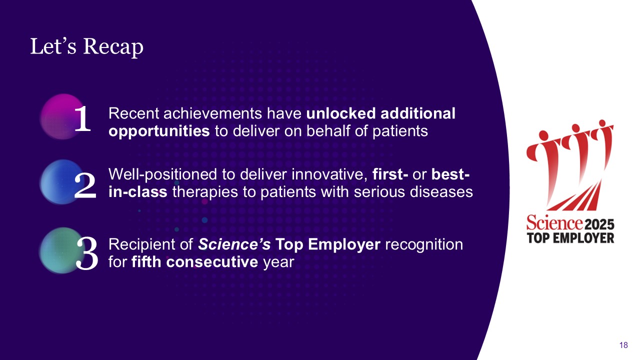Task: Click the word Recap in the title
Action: (x=113, y=47)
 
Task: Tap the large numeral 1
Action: (x=83, y=118)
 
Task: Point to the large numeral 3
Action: (x=87, y=253)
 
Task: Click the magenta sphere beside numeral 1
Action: (x=62, y=116)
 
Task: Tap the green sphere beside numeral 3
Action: (x=61, y=250)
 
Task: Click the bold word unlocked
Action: (x=341, y=113)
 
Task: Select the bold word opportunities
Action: (x=159, y=131)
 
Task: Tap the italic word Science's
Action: (x=234, y=244)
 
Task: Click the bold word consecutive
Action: (x=212, y=262)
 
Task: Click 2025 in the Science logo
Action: (x=599, y=224)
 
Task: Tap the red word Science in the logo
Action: (x=554, y=222)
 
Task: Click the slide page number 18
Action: (x=623, y=345)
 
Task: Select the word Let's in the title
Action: (x=53, y=46)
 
